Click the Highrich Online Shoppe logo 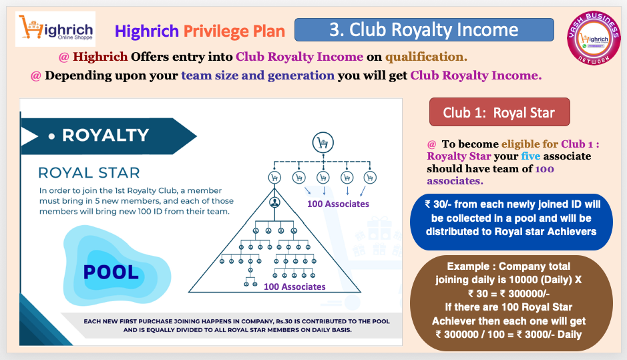coord(55,29)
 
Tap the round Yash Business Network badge coord(594,38)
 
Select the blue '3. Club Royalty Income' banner coord(424,29)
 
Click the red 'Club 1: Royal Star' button coord(499,112)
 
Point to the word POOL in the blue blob coord(111,273)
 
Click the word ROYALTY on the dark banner coord(106,135)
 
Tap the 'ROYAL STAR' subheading coord(89,173)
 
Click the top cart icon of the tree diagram coord(323,142)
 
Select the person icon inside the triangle coord(274,202)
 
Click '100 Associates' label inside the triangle coord(294,287)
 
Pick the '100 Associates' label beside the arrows coord(338,204)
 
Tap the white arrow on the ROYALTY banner coord(29,136)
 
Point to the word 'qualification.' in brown coord(426,57)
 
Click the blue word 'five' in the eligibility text coord(531,156)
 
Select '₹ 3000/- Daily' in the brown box coord(549,335)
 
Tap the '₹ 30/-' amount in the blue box coord(438,204)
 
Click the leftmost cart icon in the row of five coord(274,177)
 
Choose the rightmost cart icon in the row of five coord(370,177)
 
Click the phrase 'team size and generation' coord(258,75)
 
